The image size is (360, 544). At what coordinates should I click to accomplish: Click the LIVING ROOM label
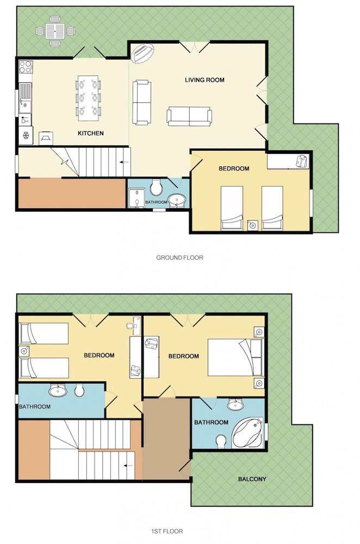(204, 80)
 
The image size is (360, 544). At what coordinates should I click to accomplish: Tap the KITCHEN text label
(90, 133)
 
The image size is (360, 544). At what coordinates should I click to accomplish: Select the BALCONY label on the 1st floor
(252, 479)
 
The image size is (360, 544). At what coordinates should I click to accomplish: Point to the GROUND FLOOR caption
(179, 257)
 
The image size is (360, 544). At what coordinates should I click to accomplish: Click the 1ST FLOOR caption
(167, 531)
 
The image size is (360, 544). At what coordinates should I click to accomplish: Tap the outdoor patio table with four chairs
(55, 31)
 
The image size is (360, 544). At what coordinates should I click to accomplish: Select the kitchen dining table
(88, 98)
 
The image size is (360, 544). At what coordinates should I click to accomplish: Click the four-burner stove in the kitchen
(26, 66)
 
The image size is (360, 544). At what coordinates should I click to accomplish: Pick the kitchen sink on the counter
(25, 98)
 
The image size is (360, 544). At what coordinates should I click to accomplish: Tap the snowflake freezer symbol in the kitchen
(26, 135)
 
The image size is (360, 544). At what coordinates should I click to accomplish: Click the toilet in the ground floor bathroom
(156, 187)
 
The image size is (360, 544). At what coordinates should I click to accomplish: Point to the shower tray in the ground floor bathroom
(136, 198)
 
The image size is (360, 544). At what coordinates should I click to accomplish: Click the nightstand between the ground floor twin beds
(252, 226)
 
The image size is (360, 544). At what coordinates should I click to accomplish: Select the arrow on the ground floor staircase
(124, 162)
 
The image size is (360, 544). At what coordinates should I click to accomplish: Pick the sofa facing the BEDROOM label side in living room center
(189, 116)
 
